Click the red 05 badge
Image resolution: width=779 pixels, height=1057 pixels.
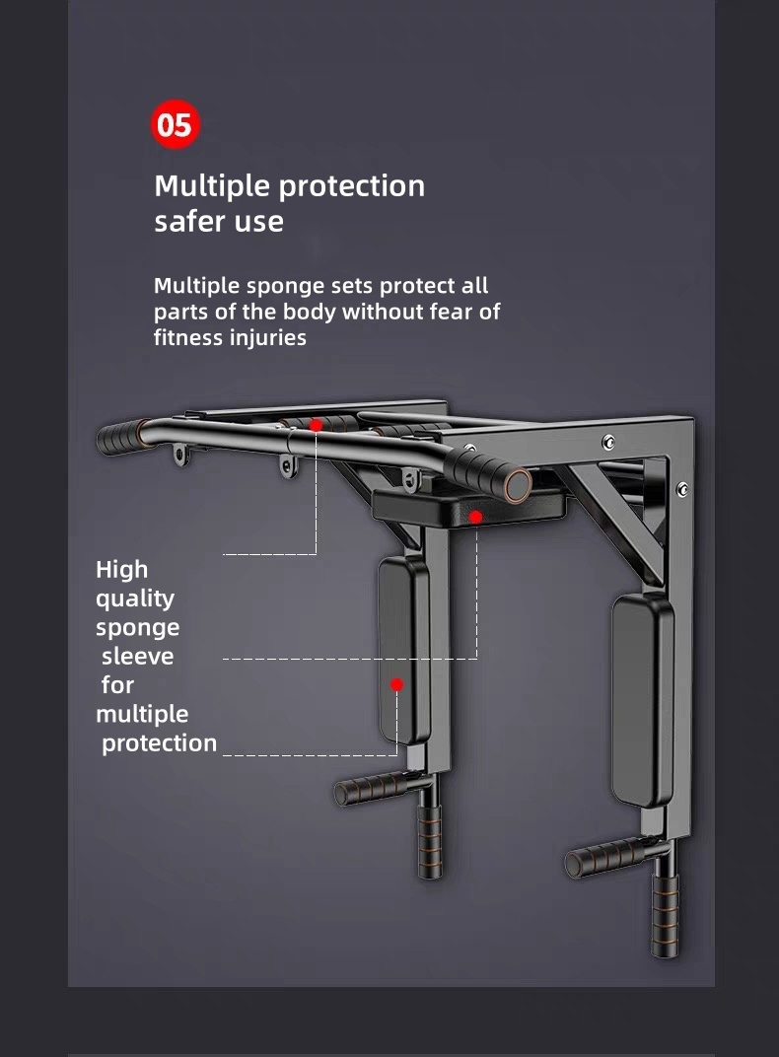coord(175,125)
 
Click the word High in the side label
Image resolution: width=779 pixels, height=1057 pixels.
coord(121,570)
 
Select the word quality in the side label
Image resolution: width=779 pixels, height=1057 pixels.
coord(134,599)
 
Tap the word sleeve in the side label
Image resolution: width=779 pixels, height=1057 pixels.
coord(137,657)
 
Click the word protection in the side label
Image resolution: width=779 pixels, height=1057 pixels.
coord(159,743)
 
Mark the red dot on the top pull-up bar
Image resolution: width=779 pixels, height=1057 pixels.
coord(316,425)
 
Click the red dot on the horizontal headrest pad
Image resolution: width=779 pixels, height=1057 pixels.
coord(475,517)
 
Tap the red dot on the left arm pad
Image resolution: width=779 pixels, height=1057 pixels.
coord(396,684)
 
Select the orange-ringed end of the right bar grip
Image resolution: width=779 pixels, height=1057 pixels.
coord(517,483)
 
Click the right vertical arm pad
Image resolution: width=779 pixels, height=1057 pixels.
coord(643,700)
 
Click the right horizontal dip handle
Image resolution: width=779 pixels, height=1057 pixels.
coord(603,859)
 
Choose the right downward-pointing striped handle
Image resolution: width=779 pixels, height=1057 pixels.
coord(664,914)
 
